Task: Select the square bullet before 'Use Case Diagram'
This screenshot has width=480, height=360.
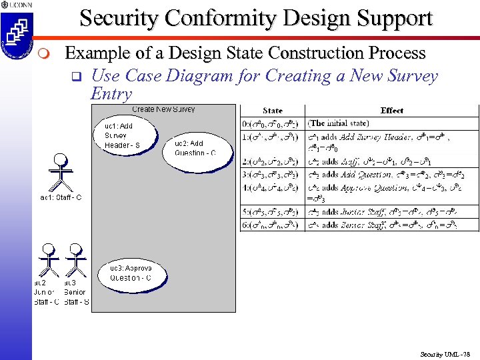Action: pos(75,77)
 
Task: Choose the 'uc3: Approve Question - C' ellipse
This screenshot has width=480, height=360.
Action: pos(136,273)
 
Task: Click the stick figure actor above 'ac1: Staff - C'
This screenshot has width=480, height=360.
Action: pos(61,173)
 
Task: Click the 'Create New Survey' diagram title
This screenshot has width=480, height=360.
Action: pos(163,109)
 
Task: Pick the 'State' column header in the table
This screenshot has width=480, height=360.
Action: pos(272,111)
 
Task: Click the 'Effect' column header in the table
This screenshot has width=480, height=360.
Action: pos(392,111)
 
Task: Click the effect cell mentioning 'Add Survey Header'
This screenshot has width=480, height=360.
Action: pos(392,142)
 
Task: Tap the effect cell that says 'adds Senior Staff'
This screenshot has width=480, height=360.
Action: pos(392,225)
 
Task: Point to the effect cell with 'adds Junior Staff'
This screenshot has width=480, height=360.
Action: pos(392,211)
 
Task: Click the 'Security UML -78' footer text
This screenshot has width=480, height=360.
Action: pos(445,354)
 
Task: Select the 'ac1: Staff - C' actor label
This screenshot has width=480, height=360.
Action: pos(61,197)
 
